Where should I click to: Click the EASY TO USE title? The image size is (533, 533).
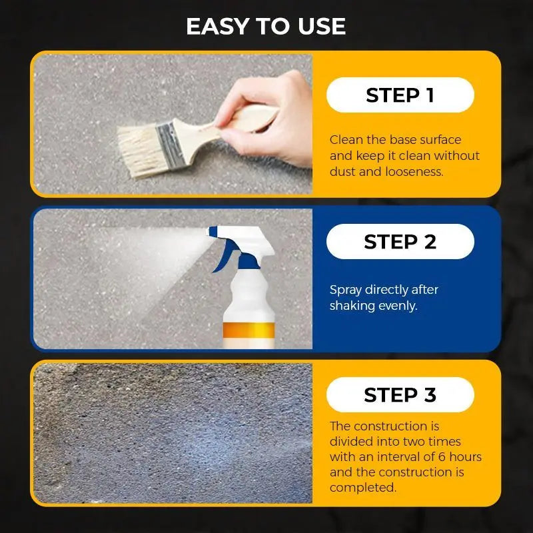pos(266,26)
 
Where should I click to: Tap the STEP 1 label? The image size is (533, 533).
pos(400,95)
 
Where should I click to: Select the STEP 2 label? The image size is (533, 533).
pos(400,242)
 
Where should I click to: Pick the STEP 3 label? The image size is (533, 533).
pos(400,395)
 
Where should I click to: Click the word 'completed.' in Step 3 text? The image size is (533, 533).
pos(362,488)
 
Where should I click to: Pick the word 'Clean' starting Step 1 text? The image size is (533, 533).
pos(346,140)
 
